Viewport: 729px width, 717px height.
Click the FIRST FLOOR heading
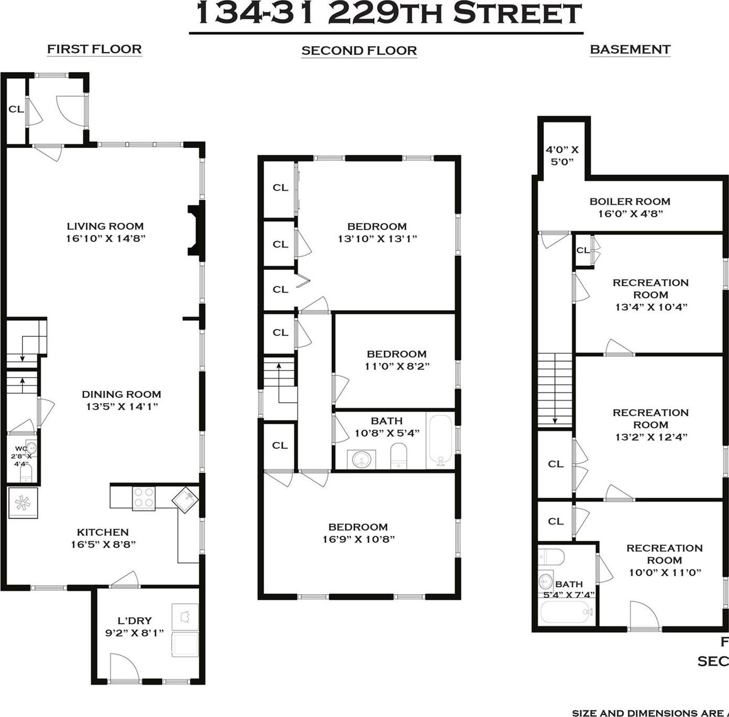pyautogui.click(x=94, y=49)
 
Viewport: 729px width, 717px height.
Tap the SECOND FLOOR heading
pyautogui.click(x=359, y=51)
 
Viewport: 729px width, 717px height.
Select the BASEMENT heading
pyautogui.click(x=630, y=49)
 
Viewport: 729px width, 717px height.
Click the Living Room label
pyautogui.click(x=105, y=226)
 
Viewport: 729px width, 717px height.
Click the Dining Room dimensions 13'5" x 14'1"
pyautogui.click(x=122, y=406)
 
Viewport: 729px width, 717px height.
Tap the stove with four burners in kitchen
pyautogui.click(x=144, y=498)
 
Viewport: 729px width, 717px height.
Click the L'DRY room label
pyautogui.click(x=134, y=621)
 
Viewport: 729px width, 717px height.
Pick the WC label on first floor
pyautogui.click(x=21, y=448)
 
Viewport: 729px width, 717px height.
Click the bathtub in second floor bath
pyautogui.click(x=440, y=440)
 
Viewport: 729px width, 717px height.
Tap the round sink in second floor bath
pyautogui.click(x=362, y=460)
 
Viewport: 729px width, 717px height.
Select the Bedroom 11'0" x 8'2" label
pyautogui.click(x=397, y=354)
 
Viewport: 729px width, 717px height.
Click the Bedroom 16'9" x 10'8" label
pyautogui.click(x=358, y=527)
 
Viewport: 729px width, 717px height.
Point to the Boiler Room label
pyautogui.click(x=630, y=201)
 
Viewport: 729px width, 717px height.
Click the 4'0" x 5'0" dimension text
pyautogui.click(x=562, y=155)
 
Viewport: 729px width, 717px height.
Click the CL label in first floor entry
pyautogui.click(x=16, y=109)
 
